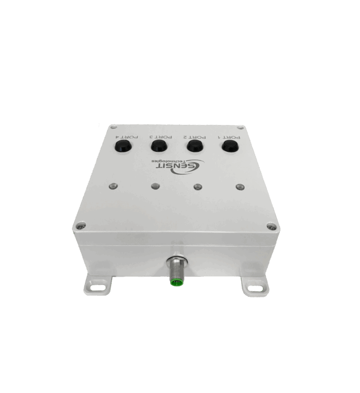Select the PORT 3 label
[x=160, y=137]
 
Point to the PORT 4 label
[x=127, y=137]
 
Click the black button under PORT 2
[x=195, y=146]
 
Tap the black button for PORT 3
[x=159, y=146]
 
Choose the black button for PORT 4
[x=122, y=146]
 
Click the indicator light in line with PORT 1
[x=240, y=187]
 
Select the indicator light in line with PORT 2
[x=198, y=187]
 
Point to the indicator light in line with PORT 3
[x=156, y=186]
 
